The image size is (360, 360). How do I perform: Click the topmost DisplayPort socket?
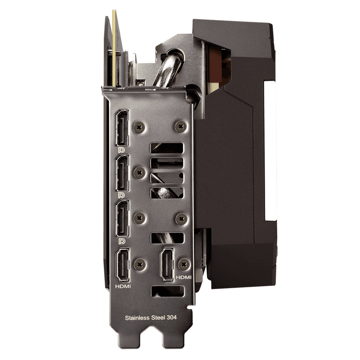point(122,128)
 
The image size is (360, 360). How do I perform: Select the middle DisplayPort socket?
point(122,173)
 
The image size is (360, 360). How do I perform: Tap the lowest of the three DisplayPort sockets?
point(122,218)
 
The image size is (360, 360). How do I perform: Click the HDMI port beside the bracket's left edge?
point(123,265)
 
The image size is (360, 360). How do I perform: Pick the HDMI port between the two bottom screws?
point(167,264)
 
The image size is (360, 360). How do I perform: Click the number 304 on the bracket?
point(171,318)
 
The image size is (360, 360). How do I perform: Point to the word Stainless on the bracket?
point(138,318)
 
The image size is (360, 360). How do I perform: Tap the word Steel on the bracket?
point(158,318)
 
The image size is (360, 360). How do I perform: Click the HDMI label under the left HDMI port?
point(123,286)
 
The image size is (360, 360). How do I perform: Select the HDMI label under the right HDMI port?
point(184,277)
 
